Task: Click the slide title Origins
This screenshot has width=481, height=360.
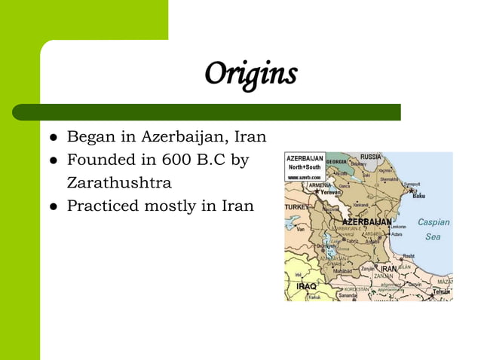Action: pos(252,74)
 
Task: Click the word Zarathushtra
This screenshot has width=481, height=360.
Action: pos(119,182)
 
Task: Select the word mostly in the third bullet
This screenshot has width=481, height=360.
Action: pos(172,205)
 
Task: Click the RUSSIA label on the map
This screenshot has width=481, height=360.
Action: pos(369,157)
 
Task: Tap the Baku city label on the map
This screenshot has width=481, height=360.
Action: pos(419,196)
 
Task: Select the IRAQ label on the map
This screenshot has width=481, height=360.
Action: pos(306,286)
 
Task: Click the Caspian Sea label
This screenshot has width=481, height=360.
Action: pos(434,229)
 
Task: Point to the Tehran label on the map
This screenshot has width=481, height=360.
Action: pos(441,291)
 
